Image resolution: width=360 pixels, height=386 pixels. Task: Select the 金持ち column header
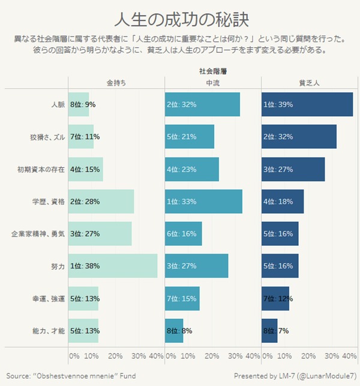coord(116,83)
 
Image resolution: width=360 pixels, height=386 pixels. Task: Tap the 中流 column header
coord(212,83)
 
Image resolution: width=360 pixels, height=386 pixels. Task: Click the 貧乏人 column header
coord(309,83)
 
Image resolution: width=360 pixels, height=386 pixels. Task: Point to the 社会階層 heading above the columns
coord(212,71)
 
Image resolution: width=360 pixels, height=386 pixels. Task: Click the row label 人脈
coord(58,104)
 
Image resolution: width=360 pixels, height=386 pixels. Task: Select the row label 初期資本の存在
coord(41,169)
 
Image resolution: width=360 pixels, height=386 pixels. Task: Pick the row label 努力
coord(58,266)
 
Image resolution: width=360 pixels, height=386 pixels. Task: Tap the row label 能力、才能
coord(49,330)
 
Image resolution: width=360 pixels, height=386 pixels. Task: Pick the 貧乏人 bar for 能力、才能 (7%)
coord(269,330)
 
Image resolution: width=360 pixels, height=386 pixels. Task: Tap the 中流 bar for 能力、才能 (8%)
coord(174,330)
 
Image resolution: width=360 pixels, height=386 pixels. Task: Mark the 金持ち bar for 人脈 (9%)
coord(79,104)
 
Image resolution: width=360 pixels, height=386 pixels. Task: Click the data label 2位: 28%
coord(85,201)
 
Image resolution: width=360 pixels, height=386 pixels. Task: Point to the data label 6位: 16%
coord(181,233)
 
